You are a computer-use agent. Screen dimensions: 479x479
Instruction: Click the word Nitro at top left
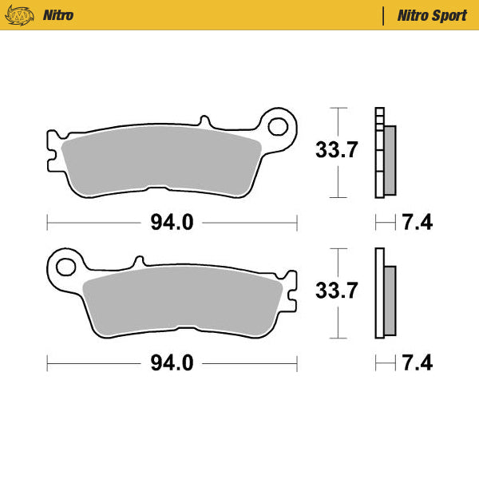point(59,15)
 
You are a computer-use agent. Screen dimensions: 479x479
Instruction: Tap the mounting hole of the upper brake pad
point(279,126)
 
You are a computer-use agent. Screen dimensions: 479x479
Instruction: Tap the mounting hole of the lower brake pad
point(65,263)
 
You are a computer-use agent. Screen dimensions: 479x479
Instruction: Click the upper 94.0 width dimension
point(172,223)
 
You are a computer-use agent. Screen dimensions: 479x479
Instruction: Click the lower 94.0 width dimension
point(172,363)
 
